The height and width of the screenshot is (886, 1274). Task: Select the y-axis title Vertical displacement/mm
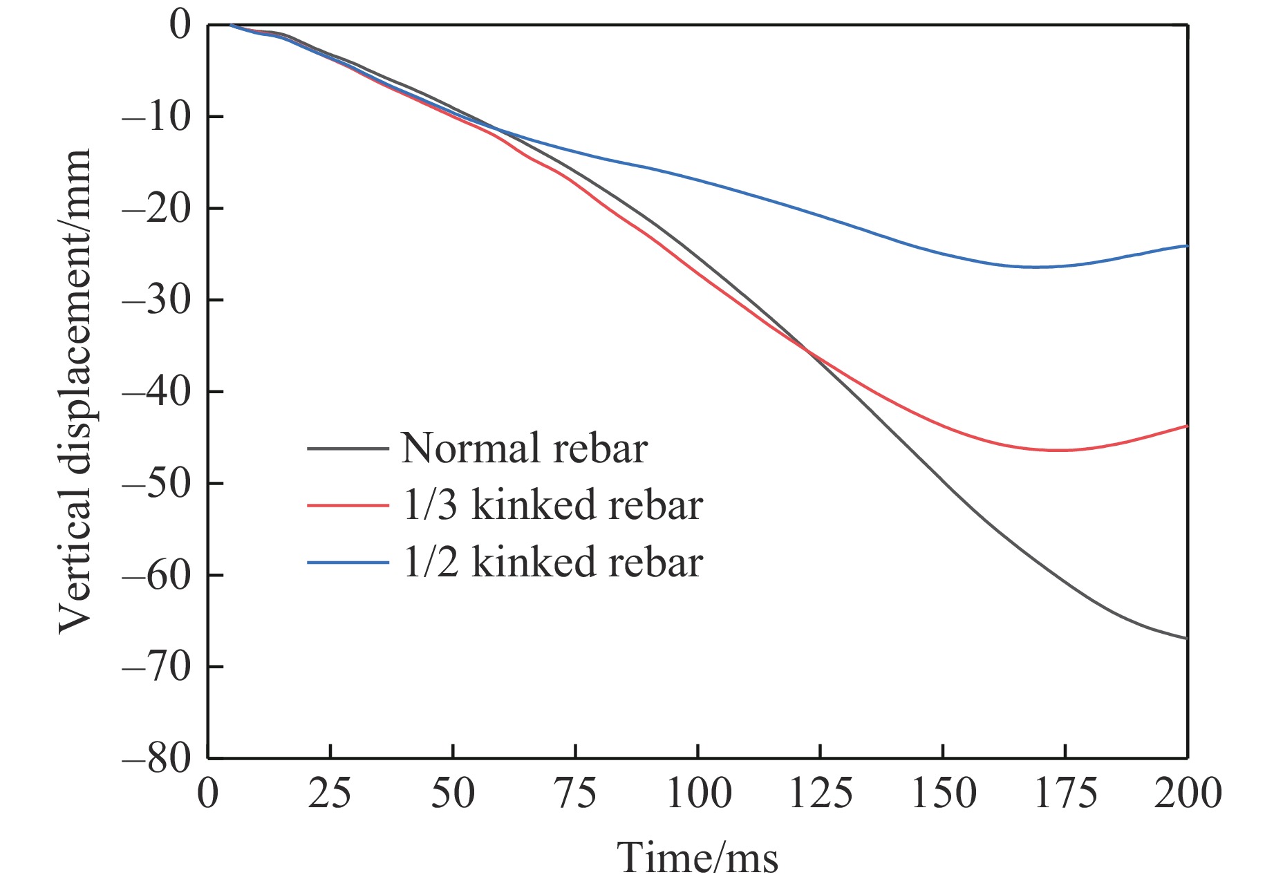75,391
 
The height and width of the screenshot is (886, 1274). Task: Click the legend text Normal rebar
524,449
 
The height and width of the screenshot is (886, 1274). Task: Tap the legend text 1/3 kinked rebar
552,505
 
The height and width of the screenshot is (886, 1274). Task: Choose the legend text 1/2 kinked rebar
552,562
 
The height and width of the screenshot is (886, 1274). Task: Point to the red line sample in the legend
348,505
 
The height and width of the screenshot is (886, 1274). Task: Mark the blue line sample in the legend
348,562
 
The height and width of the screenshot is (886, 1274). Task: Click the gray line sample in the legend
348,449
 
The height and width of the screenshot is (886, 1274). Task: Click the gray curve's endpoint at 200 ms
1186,638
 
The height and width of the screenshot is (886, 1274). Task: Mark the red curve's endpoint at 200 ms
1186,426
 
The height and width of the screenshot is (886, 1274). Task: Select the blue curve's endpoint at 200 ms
1186,246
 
